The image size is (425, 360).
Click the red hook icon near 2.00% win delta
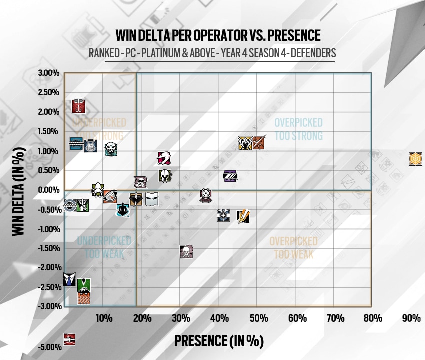tap(79, 106)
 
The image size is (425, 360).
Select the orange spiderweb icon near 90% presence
tap(416, 158)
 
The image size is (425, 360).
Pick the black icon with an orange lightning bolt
tap(243, 216)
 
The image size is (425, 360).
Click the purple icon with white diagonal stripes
tap(230, 176)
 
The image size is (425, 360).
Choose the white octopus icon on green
tap(98, 190)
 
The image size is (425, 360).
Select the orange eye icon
tap(110, 197)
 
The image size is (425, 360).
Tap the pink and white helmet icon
tap(164, 158)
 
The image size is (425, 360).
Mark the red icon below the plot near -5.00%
tap(70, 339)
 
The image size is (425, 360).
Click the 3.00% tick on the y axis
tap(49, 73)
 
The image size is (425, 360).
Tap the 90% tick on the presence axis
tap(412, 318)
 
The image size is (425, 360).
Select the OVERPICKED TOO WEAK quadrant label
tap(293, 248)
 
